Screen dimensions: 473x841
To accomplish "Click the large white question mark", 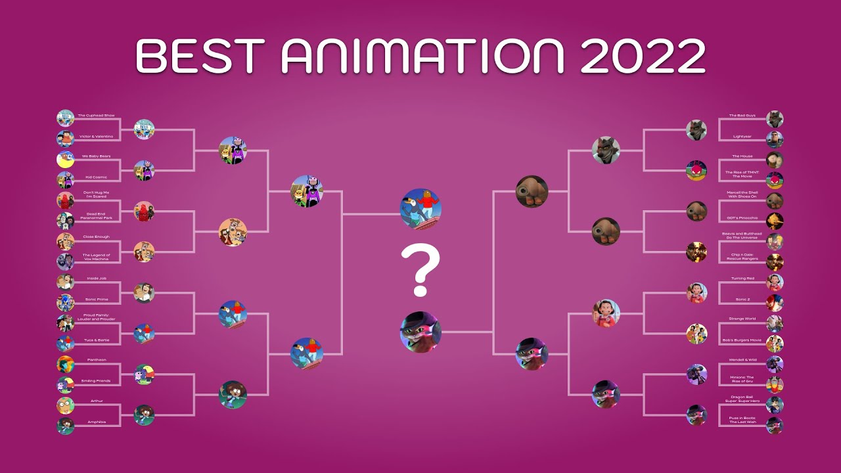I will click(420, 269).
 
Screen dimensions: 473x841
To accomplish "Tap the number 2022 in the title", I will click(642, 56).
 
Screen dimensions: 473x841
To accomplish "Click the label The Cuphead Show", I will click(96, 116).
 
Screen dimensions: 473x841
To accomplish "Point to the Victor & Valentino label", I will click(96, 136).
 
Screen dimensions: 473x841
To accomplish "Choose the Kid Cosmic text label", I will click(96, 177).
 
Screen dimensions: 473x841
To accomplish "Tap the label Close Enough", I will click(96, 236).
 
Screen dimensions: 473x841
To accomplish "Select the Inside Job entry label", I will click(96, 279).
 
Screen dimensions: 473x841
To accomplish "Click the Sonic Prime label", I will click(96, 299).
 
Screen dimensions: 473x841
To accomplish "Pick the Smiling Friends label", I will click(96, 380).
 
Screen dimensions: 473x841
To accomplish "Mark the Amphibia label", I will click(96, 422).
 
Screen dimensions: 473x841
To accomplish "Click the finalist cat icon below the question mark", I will click(420, 332).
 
